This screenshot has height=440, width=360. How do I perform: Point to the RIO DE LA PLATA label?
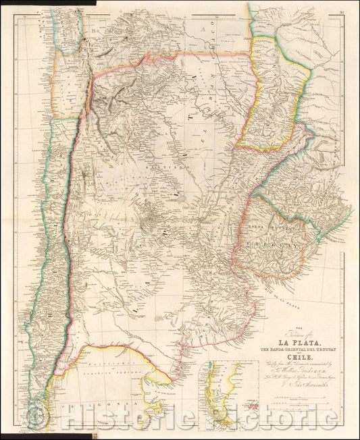284,287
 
